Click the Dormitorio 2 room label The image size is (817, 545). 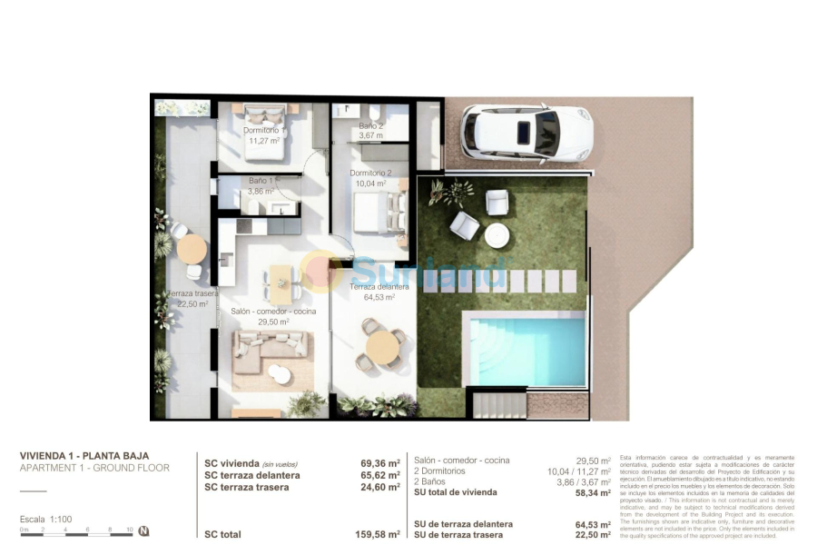pos(370,173)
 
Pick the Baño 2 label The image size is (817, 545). pos(370,126)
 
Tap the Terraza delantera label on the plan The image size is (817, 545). pos(379,287)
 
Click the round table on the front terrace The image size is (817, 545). pos(380,345)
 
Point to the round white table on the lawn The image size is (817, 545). pos(497,235)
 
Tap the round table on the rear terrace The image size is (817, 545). pos(192,247)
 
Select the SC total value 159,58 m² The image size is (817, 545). pos(379,535)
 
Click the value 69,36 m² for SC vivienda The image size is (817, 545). pos(379,462)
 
